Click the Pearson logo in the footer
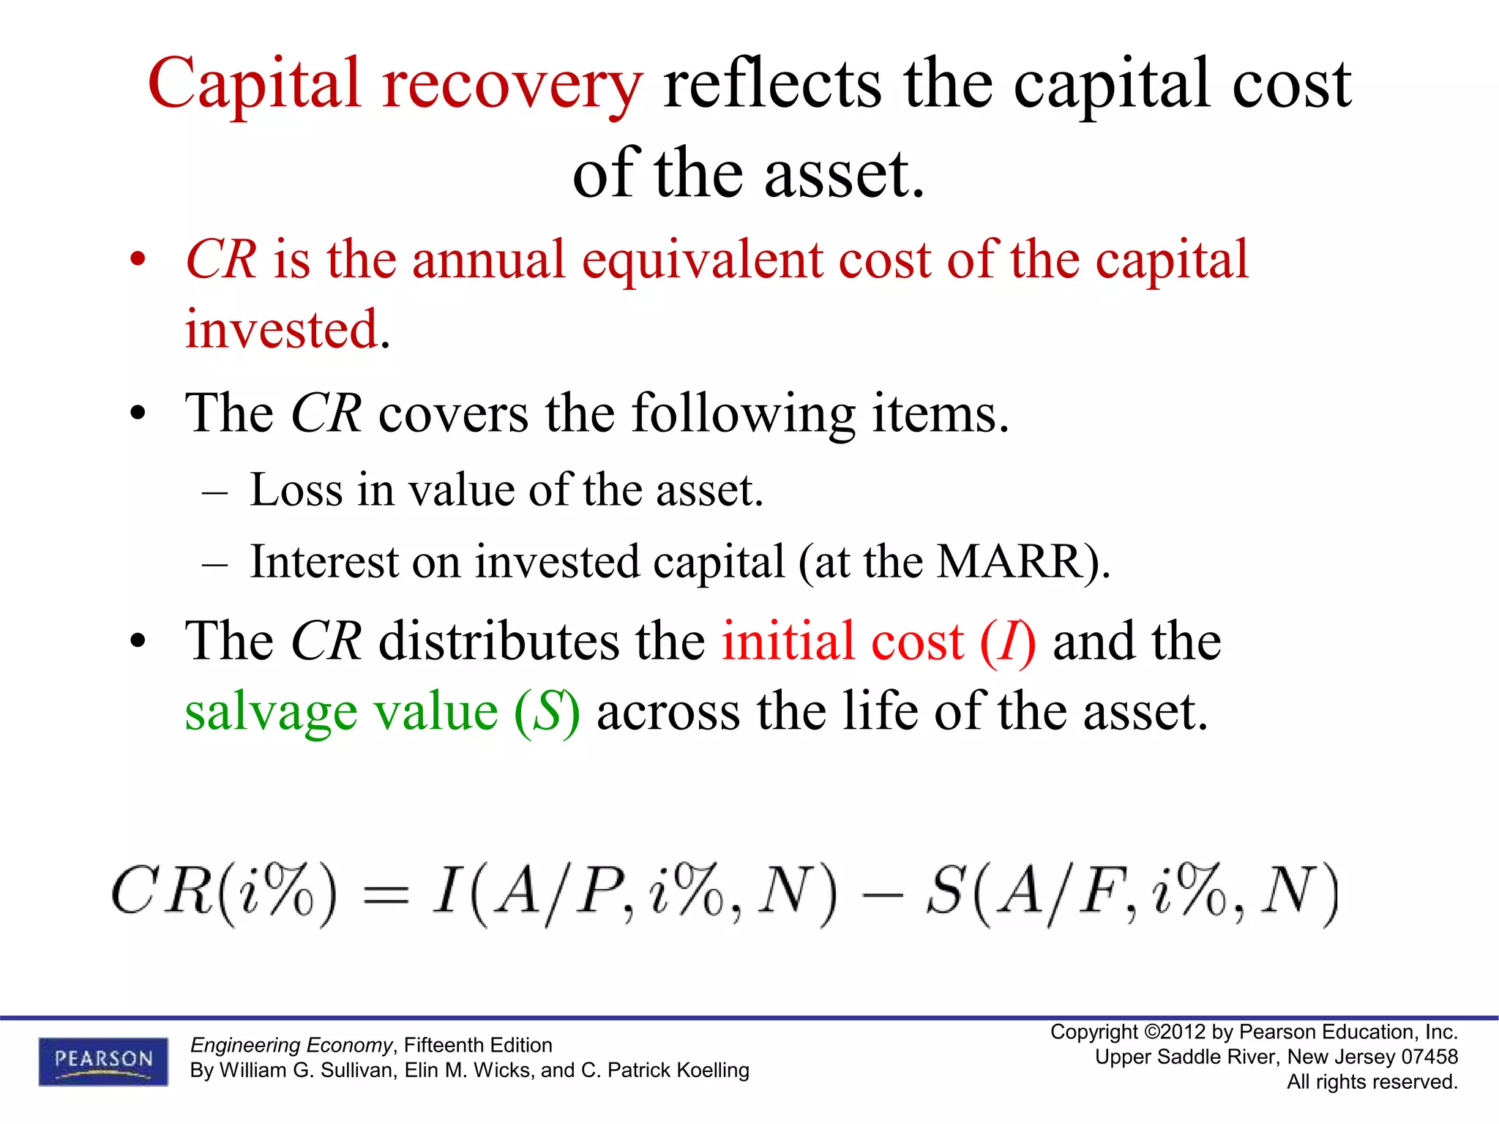[x=103, y=1060]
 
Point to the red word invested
[x=281, y=330]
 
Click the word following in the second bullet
[x=743, y=414]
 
